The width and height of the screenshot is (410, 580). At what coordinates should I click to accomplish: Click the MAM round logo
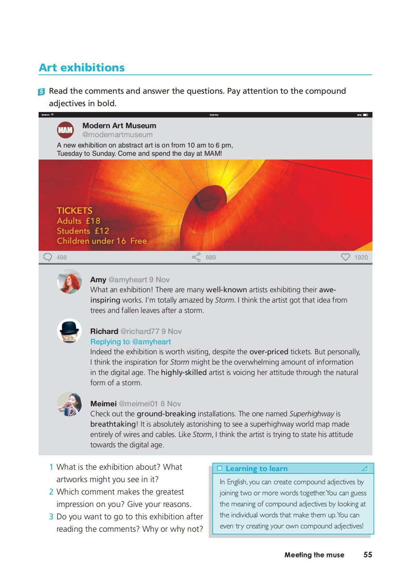coord(65,130)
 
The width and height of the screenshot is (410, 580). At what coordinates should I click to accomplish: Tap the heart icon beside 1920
coord(345,257)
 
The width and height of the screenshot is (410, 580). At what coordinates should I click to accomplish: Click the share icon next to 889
coord(196,257)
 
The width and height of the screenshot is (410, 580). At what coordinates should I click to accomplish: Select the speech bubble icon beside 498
coord(48,257)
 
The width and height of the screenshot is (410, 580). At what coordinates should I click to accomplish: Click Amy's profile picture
coord(69,282)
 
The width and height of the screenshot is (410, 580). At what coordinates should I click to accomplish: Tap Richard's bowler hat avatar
coord(69,331)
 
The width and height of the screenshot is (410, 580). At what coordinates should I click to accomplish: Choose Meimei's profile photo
coord(69,404)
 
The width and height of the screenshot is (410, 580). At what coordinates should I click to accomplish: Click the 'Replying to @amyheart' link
coord(131,342)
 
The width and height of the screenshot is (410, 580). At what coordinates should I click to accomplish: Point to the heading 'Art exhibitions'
coord(82,68)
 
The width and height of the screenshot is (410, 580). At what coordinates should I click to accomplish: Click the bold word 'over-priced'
coord(269,352)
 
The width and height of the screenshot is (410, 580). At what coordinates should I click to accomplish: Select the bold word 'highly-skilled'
coord(184,373)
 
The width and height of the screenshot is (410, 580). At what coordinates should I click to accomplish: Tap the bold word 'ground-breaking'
coord(166,414)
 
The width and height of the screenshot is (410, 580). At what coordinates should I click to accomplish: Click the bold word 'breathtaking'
coord(113,424)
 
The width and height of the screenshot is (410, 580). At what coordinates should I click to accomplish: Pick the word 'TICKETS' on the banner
coord(74,211)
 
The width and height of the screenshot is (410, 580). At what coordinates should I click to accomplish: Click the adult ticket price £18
coord(93,221)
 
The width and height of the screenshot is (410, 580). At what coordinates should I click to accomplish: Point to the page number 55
coord(368,554)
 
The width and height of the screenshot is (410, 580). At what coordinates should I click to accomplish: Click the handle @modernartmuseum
coord(117,135)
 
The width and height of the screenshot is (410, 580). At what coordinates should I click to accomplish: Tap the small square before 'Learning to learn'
coord(220,469)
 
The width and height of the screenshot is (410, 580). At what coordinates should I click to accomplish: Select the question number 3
coord(51,517)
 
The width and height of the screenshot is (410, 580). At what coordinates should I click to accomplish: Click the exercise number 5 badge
coord(41,92)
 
